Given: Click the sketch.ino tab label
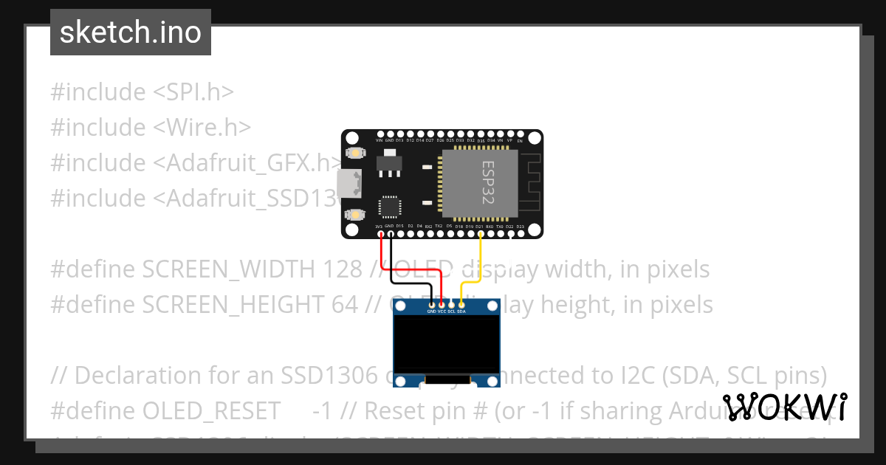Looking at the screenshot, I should click(x=131, y=32).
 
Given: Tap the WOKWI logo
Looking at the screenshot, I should click(x=785, y=407).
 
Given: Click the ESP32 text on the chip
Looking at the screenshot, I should click(x=488, y=183).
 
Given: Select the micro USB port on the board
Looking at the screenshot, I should click(x=349, y=184).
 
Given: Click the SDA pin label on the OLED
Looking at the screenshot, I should click(x=461, y=311).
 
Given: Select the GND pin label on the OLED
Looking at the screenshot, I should click(x=432, y=311).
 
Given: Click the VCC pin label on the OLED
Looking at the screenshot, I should click(x=442, y=311).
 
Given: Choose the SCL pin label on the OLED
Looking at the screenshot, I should click(x=451, y=311).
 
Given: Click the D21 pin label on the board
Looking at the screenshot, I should click(x=479, y=226).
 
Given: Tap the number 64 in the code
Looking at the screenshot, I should click(x=344, y=304).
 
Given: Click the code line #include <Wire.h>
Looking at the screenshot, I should click(x=151, y=127).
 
